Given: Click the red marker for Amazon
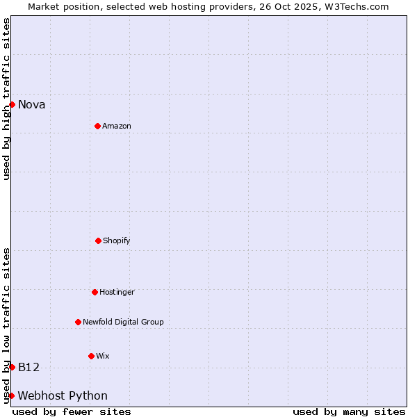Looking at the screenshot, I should click(x=97, y=126).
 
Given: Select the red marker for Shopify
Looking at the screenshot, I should click(x=98, y=240).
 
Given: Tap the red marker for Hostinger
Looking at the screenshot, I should click(x=95, y=292).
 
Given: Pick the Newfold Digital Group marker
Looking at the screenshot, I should click(x=78, y=322).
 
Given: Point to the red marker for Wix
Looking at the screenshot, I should click(x=91, y=356).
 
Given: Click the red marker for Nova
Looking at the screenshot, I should click(x=12, y=104).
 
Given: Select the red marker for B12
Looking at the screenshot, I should click(x=12, y=367).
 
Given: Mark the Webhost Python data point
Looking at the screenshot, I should click(x=12, y=395).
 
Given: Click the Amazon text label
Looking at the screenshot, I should click(x=117, y=126).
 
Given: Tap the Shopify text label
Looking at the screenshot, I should click(x=117, y=240).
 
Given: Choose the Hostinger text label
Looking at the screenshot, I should click(x=117, y=292).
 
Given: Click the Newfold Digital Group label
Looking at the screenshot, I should click(x=123, y=322).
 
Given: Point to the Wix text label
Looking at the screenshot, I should click(x=103, y=356).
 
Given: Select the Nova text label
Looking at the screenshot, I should click(x=32, y=105).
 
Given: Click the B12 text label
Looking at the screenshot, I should click(x=29, y=367).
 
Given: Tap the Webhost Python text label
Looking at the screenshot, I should click(x=63, y=396).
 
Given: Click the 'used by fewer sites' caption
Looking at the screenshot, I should click(x=72, y=412).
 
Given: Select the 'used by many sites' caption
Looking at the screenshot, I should click(x=349, y=412).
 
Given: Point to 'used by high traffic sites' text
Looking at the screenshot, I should click(x=6, y=99).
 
